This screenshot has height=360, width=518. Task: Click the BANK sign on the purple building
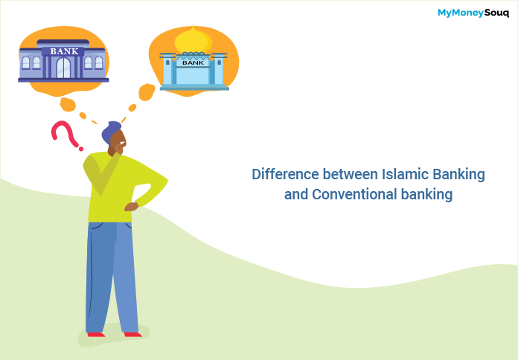pos(63,51)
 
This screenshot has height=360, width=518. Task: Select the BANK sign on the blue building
pos(193,63)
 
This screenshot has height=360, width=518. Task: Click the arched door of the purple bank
pos(63,68)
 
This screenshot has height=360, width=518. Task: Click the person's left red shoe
pos(96,335)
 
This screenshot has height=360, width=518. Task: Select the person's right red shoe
pos(132,335)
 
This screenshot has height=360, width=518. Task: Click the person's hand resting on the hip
pos(132,206)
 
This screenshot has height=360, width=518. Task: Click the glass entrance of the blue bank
pos(193,77)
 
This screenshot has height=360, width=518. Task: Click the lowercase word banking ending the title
pos(428,195)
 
